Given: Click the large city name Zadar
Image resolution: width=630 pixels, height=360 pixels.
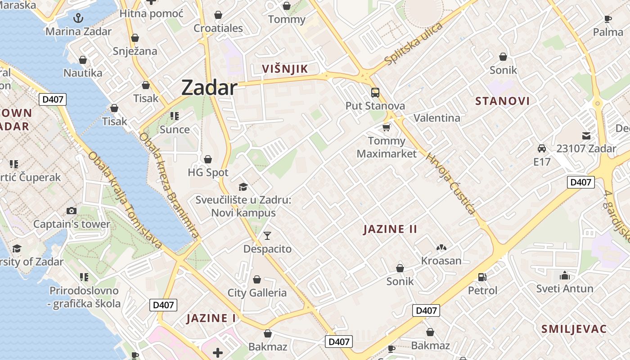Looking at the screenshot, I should tap(209, 88).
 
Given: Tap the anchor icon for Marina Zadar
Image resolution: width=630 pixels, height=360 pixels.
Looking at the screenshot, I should tap(79, 18).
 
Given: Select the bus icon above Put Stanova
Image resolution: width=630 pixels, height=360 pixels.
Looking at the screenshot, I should tap(375, 93).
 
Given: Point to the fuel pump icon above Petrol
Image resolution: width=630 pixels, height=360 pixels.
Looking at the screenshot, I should tap(482, 277).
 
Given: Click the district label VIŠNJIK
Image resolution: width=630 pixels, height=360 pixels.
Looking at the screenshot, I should tap(285, 69).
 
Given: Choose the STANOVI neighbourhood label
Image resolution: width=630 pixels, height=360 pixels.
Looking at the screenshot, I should tap(503, 101).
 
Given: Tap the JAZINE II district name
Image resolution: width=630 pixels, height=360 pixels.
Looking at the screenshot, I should tap(390, 229).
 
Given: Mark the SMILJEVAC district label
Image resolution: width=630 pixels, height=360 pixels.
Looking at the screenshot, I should tap(574, 329).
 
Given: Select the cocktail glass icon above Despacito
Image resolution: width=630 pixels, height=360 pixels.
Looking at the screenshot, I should tap(267, 235).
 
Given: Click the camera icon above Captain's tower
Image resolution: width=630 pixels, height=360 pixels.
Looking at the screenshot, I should tap(71, 211).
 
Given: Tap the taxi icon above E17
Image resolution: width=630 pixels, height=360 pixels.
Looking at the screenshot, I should tap(542, 148).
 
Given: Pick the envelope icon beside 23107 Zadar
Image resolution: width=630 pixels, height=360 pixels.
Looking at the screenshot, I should tap(586, 135).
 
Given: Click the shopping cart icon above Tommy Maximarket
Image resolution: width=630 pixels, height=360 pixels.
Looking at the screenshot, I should tap(386, 128).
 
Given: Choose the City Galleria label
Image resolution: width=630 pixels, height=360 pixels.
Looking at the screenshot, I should tap(257, 293).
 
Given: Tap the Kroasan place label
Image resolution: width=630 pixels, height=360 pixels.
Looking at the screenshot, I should tap(441, 261).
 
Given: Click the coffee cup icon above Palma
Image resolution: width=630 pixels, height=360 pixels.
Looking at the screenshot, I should tap(608, 19).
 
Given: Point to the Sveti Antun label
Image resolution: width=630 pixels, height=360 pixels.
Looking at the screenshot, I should tap(565, 288).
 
